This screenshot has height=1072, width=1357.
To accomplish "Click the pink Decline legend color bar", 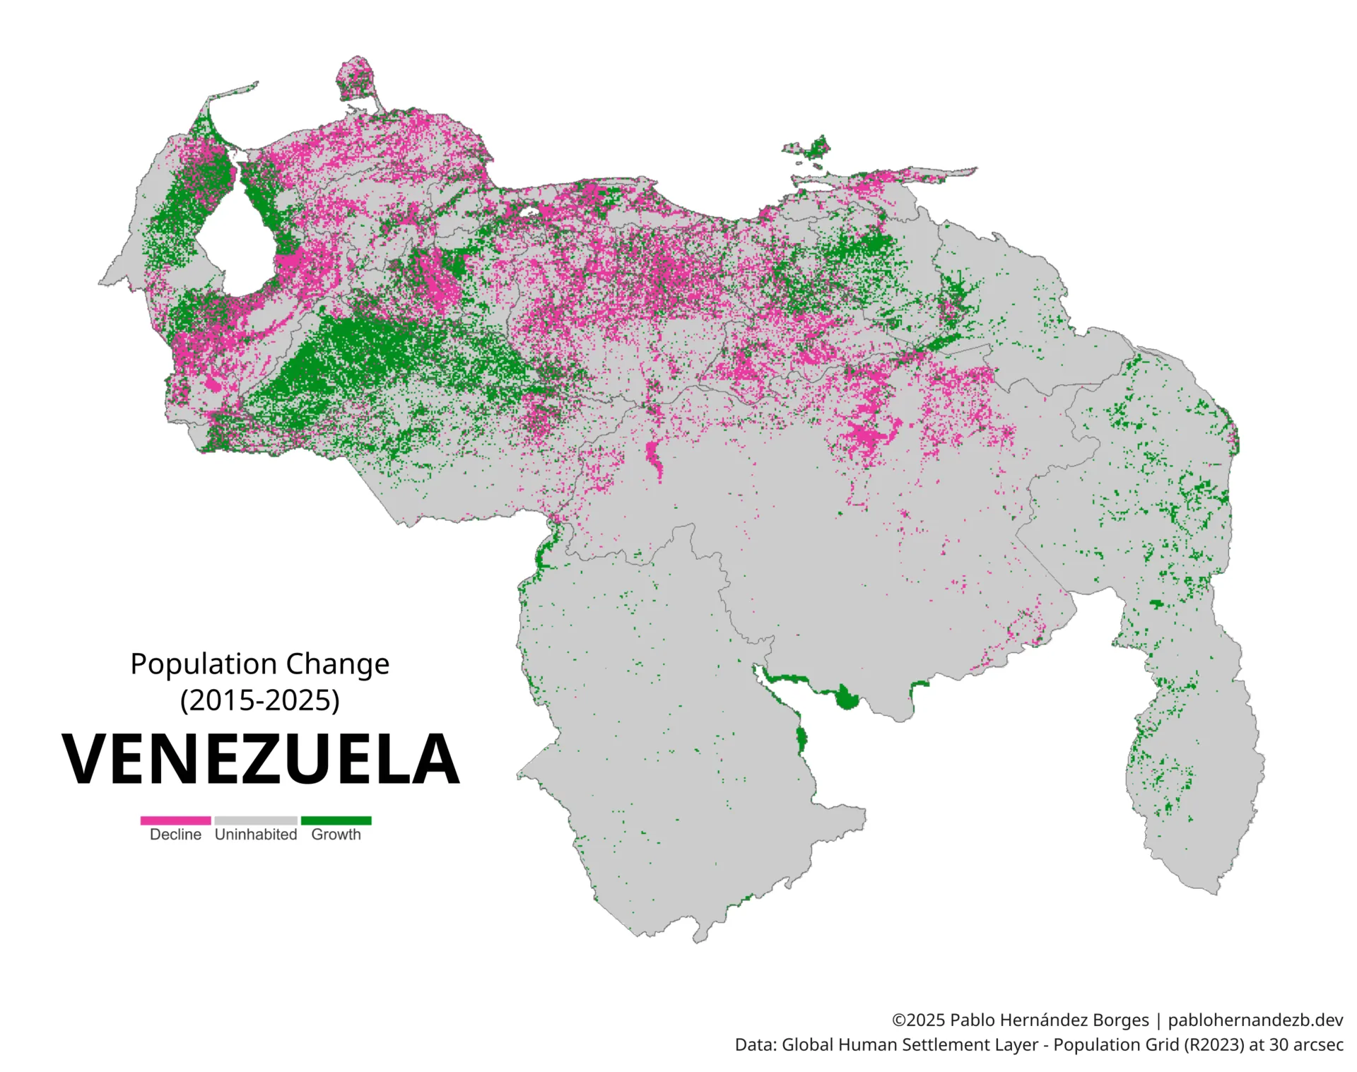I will (175, 820).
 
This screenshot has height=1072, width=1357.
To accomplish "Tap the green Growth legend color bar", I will (336, 820).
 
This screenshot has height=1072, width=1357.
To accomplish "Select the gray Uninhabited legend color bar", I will (256, 820).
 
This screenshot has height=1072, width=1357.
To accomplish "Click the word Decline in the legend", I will (175, 835).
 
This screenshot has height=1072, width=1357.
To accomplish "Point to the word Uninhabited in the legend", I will (256, 835).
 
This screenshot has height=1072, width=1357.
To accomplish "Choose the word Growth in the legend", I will (336, 835).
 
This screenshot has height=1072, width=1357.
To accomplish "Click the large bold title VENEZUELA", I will (260, 760).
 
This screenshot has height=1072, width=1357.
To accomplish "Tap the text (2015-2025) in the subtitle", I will (260, 700).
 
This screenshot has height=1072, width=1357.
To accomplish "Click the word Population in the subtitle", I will (204, 664).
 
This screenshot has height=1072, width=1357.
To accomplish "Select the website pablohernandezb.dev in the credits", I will (1255, 1020).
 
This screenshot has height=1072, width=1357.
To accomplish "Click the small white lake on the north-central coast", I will (529, 211).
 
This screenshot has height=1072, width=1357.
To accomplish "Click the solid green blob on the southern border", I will (846, 698).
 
